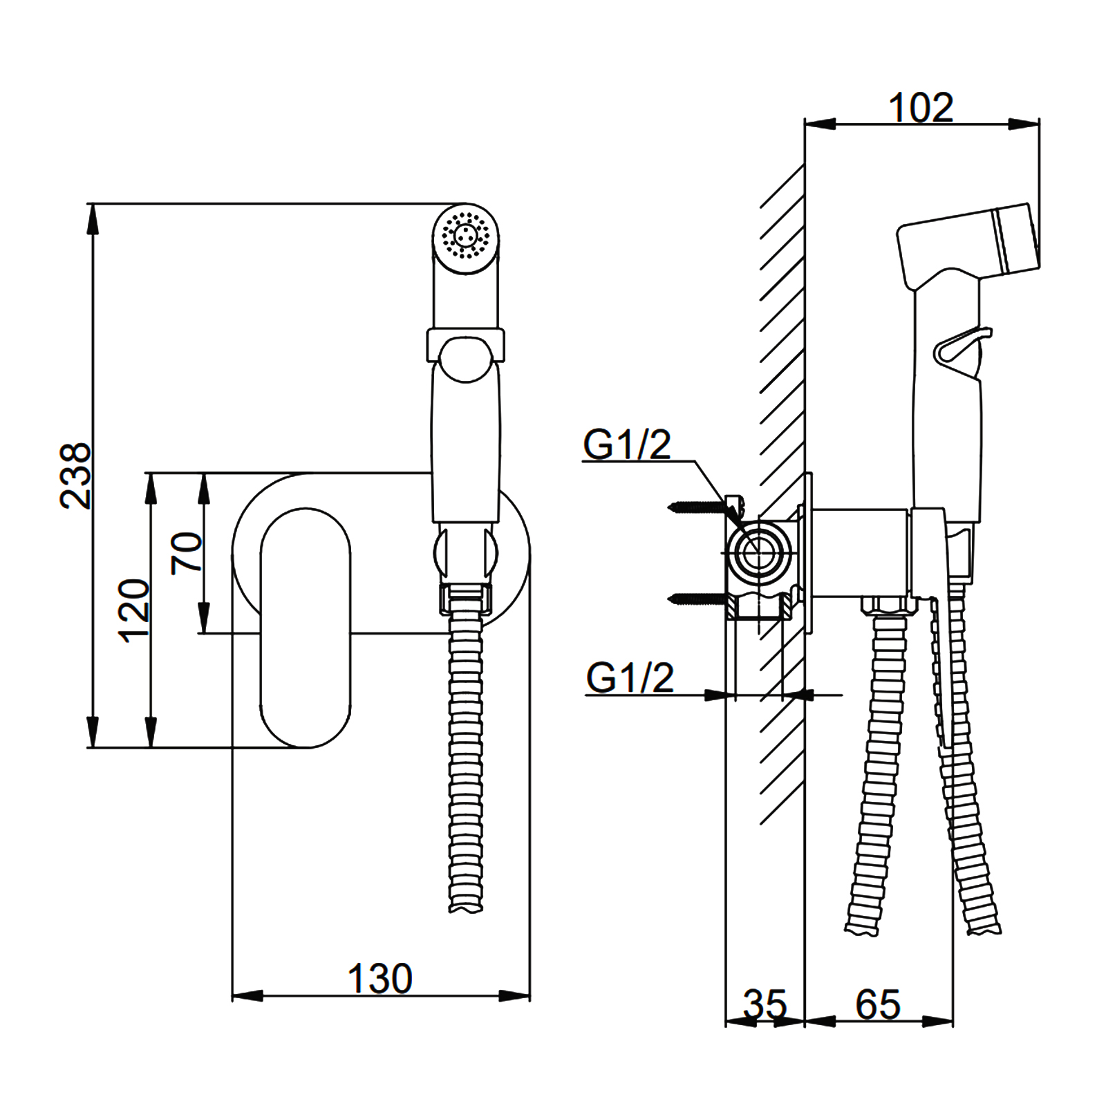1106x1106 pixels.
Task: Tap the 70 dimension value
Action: coord(187,552)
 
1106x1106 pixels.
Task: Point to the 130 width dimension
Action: coord(379,979)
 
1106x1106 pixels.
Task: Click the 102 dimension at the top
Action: coord(921,108)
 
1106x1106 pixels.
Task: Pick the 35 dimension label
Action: coord(765,1004)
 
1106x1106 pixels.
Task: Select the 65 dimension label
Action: coord(878,1004)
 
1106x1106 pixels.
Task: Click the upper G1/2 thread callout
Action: coord(626,444)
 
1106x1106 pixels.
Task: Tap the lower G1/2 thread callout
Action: coord(629,677)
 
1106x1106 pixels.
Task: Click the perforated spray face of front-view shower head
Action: coord(466,235)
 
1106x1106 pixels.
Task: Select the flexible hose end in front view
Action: coord(465,902)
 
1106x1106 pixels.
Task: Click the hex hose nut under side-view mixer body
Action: coord(888,606)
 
